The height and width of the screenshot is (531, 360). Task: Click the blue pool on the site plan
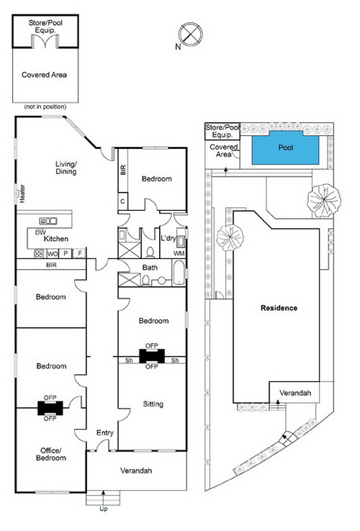click(285, 147)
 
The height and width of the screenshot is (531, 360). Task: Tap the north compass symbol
click(191, 35)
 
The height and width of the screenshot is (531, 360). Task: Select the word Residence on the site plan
click(279, 308)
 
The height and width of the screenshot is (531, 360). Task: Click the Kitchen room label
click(56, 239)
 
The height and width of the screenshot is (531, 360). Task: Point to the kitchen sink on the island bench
click(48, 221)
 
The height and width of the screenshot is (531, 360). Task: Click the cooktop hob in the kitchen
click(39, 254)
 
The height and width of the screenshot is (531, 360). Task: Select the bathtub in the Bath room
click(179, 273)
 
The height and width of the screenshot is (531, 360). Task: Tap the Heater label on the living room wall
click(22, 194)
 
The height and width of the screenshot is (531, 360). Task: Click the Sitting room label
click(153, 404)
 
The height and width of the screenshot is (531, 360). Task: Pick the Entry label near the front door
click(104, 433)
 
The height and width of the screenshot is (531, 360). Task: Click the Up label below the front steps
click(104, 509)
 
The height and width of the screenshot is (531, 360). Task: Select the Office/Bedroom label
click(51, 454)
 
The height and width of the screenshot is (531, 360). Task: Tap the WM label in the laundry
click(179, 253)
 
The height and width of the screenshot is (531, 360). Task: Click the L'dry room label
click(168, 238)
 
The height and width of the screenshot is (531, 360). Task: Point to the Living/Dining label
click(66, 168)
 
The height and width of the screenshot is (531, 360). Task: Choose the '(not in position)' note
click(45, 106)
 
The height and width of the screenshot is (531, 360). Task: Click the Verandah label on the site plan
click(295, 393)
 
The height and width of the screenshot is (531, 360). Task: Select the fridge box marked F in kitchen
click(79, 253)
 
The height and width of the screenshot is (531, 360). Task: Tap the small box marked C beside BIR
click(122, 201)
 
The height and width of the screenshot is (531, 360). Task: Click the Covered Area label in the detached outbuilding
click(44, 75)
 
